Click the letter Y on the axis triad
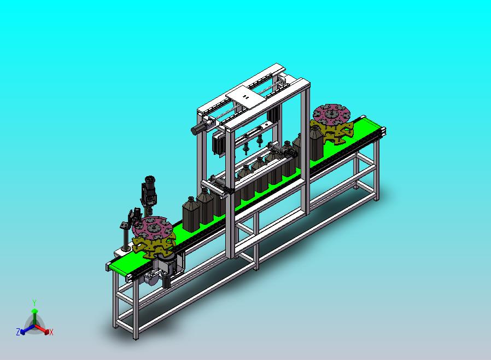click(x=34, y=303)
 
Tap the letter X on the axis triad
click(x=51, y=333)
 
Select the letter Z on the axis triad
click(x=18, y=332)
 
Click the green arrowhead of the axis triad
click(x=34, y=311)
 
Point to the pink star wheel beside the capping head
click(x=152, y=227)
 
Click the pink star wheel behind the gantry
click(x=331, y=114)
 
